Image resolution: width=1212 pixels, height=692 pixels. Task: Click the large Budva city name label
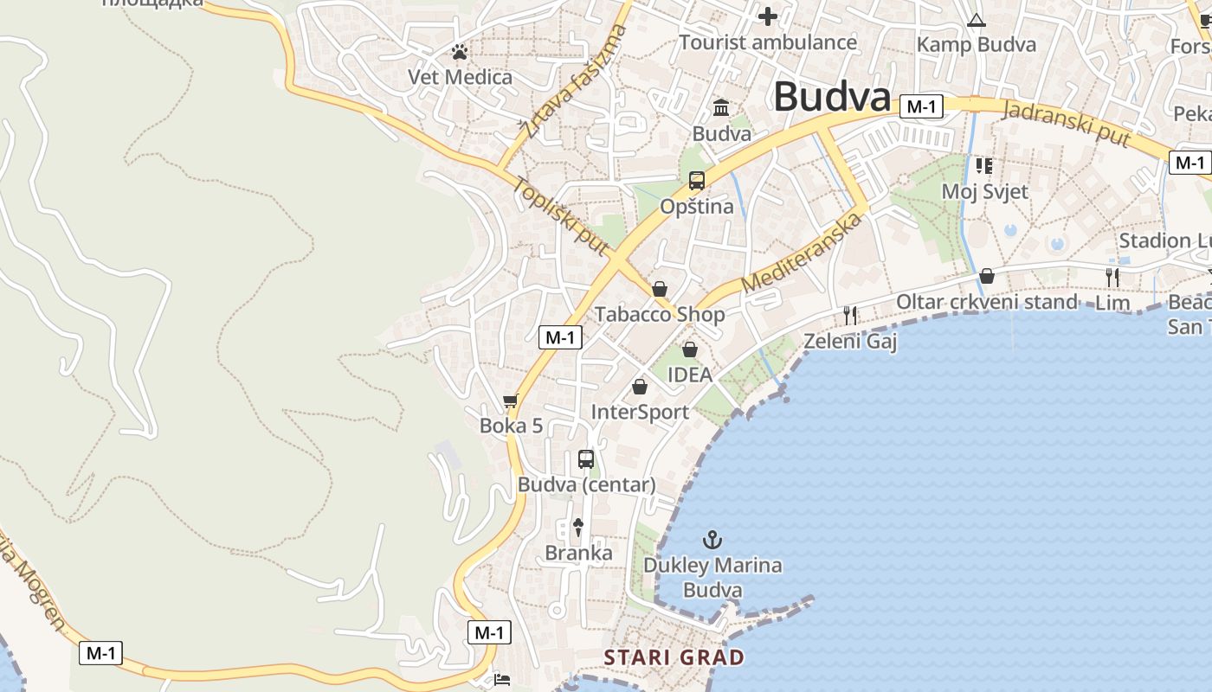(831, 96)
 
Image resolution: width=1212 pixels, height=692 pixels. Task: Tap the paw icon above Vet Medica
(460, 52)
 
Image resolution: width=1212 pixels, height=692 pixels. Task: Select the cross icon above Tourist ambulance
(768, 16)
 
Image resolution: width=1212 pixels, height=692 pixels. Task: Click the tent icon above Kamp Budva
(977, 21)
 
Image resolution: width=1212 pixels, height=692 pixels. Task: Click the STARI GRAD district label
(674, 657)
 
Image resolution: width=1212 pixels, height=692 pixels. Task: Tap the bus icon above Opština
(697, 181)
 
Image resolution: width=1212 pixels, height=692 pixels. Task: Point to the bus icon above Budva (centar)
(586, 459)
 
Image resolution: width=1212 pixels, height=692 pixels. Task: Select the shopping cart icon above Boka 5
(511, 400)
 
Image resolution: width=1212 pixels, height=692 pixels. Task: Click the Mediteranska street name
(803, 253)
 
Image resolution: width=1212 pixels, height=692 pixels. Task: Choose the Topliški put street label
(560, 216)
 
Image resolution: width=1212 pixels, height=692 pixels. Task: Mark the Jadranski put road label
(1067, 124)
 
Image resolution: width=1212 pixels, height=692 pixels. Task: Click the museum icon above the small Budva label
(721, 108)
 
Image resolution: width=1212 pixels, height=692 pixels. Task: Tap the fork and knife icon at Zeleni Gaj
(850, 316)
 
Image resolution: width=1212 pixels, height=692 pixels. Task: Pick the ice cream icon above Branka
(578, 527)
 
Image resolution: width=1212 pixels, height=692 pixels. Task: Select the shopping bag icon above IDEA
(690, 349)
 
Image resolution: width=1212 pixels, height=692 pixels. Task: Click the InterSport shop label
(640, 412)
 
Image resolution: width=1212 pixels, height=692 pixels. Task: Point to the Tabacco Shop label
(660, 314)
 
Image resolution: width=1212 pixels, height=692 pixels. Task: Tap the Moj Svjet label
(984, 191)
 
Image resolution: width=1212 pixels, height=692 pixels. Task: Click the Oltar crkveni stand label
(986, 302)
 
